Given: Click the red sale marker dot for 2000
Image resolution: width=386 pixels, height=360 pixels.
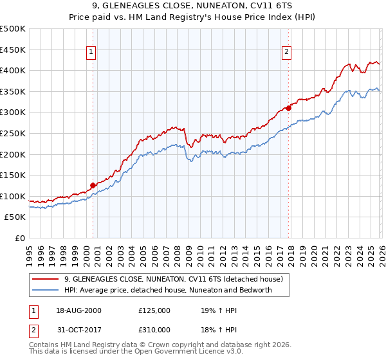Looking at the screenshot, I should pos(93,185).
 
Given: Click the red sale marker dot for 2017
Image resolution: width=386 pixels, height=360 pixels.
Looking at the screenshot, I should pos(288,108).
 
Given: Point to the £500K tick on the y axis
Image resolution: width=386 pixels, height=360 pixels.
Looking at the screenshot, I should pos(13,29).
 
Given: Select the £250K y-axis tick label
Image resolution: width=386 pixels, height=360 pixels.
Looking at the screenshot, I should pos(13,133).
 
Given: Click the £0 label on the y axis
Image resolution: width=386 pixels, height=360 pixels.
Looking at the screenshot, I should pos(19,238).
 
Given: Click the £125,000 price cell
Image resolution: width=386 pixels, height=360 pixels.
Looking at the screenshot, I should pos(154,310).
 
